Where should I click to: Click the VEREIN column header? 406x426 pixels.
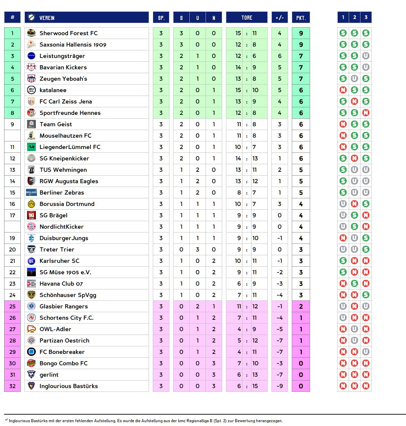tap(47, 18)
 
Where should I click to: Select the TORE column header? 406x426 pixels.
tap(247, 18)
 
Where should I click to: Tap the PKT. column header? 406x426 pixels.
tap(301, 18)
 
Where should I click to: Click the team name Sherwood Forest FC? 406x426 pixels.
tap(68, 33)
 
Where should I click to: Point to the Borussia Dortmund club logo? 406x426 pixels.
tap(31, 204)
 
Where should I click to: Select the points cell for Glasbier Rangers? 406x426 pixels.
tap(301, 306)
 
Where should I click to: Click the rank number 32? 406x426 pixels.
tap(12, 386)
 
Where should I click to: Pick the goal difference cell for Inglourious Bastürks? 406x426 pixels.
tap(279, 386)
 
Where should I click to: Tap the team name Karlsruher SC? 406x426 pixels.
tap(59, 261)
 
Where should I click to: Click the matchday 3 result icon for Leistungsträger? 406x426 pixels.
tap(366, 56)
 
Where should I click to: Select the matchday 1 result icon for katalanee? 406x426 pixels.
tap(343, 90)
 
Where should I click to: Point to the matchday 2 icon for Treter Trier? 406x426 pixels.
tap(354, 249)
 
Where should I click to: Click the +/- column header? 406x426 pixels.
tap(279, 18)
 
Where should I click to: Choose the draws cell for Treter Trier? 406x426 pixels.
tap(197, 249)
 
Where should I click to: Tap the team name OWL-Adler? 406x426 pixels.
tap(55, 329)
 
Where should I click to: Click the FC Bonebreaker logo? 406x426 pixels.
tap(31, 352)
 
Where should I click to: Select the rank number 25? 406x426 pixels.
tap(12, 306)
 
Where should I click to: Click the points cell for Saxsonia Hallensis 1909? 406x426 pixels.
tap(301, 44)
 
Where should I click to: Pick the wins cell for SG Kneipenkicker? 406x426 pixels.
tap(181, 158)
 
